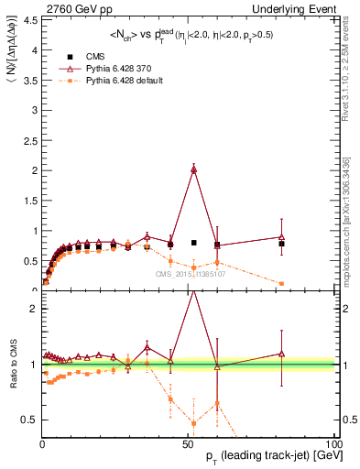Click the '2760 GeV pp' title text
36,7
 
